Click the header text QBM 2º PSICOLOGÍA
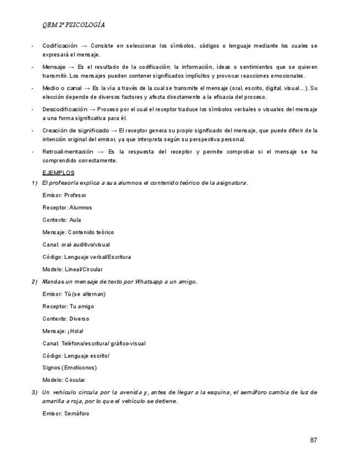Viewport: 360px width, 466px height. point(74,25)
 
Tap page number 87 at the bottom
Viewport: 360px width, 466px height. point(314,440)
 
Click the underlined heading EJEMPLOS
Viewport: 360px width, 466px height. point(58,173)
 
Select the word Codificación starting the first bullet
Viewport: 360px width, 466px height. point(60,46)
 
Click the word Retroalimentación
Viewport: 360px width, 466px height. point(68,152)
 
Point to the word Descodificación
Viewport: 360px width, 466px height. point(65,109)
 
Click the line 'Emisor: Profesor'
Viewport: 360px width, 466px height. point(64,195)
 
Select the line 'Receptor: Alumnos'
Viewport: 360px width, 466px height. point(67,208)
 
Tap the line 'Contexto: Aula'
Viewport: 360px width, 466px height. point(62,220)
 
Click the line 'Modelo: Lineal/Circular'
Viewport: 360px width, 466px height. point(73,269)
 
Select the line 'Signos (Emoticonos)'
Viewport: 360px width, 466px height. point(69,368)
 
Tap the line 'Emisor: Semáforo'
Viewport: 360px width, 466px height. point(65,413)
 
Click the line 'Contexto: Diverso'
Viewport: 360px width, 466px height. point(65,319)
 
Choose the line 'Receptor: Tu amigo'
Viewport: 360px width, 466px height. point(68,306)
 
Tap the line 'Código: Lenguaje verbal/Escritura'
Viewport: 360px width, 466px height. point(86,257)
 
